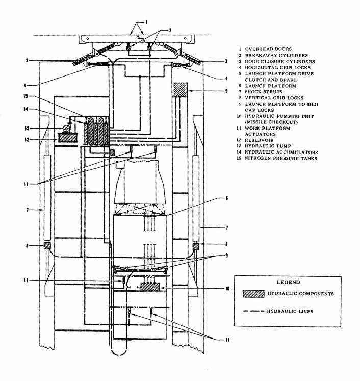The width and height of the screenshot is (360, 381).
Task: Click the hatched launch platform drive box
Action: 181,90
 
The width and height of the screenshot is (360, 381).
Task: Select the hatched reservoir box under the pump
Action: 67,138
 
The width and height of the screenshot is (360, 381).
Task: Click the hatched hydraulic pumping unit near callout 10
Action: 150,287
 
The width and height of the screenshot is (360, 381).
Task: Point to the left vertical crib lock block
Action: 46,246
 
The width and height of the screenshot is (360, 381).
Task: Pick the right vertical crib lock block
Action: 196,246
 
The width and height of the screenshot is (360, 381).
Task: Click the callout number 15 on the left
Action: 25,96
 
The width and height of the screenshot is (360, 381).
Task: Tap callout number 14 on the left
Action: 25,109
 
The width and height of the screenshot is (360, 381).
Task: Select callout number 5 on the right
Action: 226,91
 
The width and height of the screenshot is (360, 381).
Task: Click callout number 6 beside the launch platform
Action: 226,198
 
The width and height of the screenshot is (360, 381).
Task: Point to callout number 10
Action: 227,288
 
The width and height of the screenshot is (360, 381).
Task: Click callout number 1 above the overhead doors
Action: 146,22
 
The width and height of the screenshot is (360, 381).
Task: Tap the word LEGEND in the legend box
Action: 288,282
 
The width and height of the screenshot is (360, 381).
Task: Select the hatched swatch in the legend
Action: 253,294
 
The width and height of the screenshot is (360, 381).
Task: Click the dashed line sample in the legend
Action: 253,311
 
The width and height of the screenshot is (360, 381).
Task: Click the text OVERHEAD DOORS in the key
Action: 268,49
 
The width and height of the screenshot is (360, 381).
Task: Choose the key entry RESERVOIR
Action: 259,140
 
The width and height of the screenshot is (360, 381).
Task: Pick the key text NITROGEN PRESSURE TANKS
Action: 281,159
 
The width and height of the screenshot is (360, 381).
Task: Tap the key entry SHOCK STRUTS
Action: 264,92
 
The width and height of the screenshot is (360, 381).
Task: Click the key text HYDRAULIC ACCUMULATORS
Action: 281,153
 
